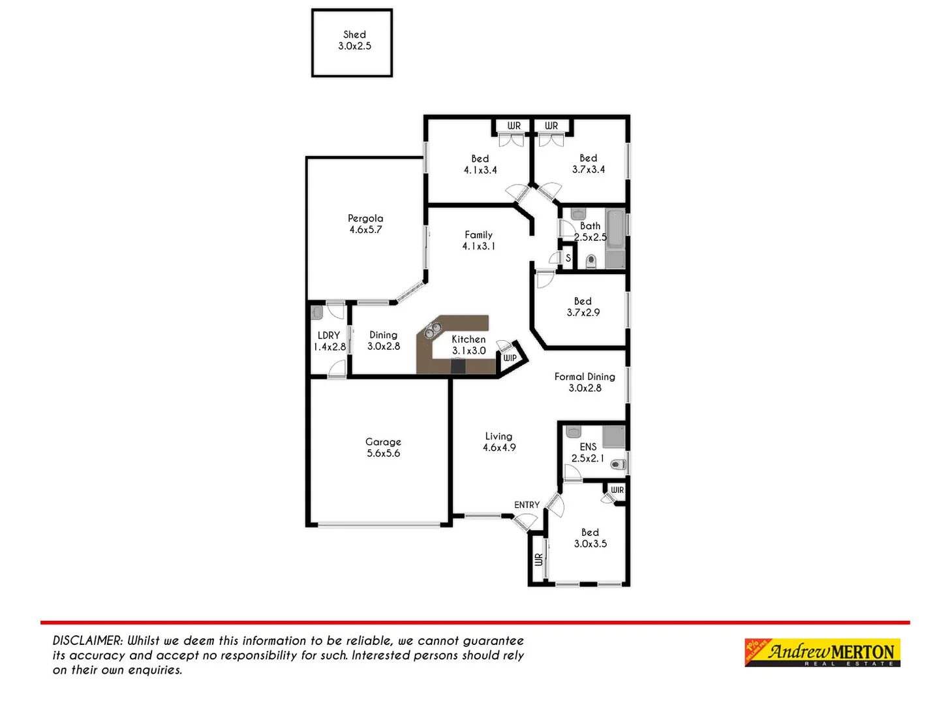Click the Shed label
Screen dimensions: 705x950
coord(354,35)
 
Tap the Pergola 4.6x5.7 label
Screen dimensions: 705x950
coord(365,224)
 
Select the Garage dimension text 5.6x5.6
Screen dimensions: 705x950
coord(384,454)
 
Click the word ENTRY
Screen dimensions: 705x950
coord(527,505)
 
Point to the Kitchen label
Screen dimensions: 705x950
coord(468,339)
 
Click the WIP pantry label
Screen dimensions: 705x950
coord(510,358)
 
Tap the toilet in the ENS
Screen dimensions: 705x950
coord(617,465)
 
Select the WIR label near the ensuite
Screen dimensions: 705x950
coord(617,490)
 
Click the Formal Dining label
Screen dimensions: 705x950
coord(585,377)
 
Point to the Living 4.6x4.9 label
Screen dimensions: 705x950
coord(499,442)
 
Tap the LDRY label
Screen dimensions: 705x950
coord(329,336)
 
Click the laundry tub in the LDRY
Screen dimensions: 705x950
coord(318,312)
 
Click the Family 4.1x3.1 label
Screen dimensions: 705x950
coord(479,240)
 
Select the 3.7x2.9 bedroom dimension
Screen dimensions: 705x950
coord(583,313)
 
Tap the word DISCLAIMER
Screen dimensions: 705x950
coord(87,641)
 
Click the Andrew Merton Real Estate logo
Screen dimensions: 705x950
coord(822,652)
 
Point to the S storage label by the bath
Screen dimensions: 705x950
coord(568,258)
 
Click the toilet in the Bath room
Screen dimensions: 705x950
coord(591,262)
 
